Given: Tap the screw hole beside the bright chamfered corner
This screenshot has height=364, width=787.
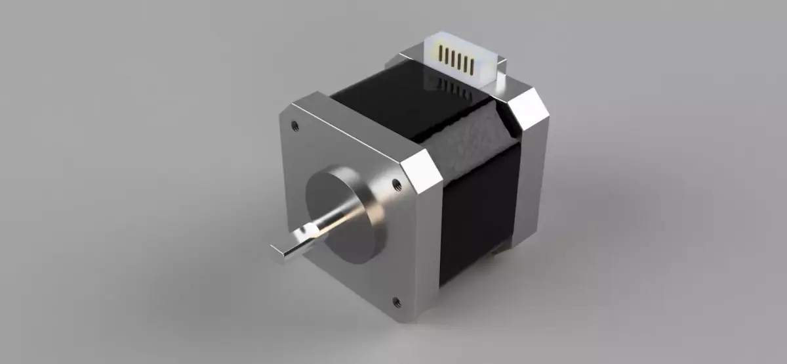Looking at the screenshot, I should tap(396, 185).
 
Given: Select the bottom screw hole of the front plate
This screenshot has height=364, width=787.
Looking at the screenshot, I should tap(396, 302).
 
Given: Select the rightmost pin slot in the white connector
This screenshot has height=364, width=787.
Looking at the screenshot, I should tap(471, 63).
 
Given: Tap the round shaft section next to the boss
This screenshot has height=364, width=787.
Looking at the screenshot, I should tap(328, 223).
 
